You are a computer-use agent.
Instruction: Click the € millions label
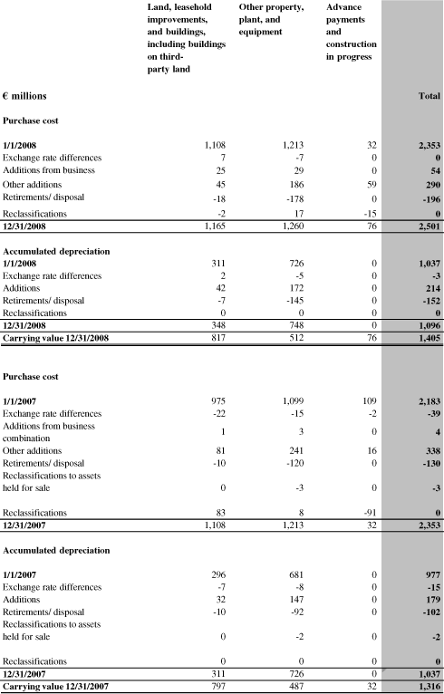[25, 96]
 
